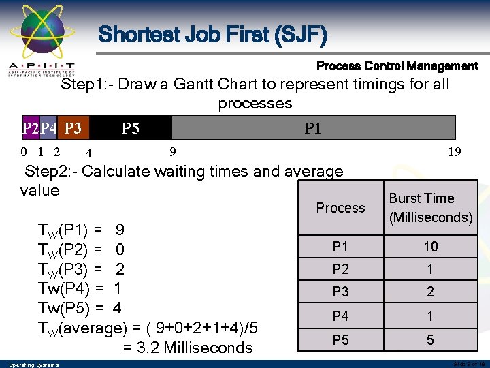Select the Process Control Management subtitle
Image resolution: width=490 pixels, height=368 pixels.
397,66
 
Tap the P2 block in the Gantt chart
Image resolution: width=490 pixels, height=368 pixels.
31,127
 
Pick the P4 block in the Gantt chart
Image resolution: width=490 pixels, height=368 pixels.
48,127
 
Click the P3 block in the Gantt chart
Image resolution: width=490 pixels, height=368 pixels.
73,127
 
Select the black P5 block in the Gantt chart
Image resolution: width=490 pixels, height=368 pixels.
130,127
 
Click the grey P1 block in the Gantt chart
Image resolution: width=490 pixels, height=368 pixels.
313,127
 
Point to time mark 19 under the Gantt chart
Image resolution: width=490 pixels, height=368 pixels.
454,152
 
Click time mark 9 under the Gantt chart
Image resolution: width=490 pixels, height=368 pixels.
173,151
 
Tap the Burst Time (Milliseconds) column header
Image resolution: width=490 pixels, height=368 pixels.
430,208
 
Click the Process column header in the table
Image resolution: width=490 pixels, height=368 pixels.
340,208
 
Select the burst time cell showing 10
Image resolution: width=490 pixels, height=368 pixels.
430,247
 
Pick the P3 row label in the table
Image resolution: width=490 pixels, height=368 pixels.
340,292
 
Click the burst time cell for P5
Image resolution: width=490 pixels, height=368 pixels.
430,339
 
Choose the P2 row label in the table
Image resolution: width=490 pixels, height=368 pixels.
340,269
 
